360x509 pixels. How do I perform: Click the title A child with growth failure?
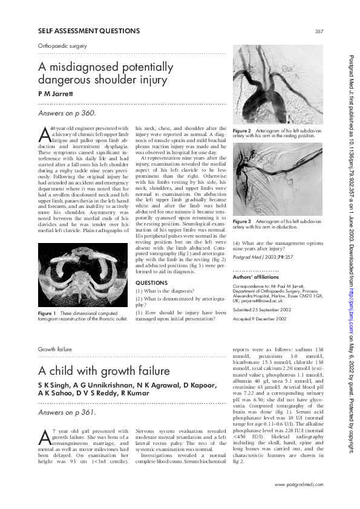coord(104,371)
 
